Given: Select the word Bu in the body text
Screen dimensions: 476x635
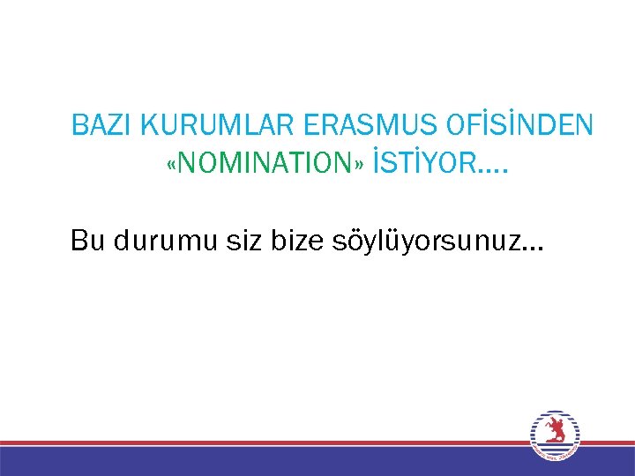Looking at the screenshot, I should pos(87,240).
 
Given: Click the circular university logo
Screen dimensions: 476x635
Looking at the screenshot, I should pos(555,435).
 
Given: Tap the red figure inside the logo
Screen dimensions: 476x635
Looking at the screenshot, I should pos(555,429).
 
